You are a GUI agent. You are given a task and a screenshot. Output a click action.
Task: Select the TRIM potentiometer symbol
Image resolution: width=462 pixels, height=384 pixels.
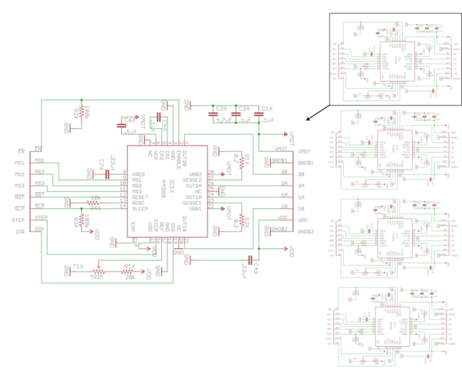tap(97, 271)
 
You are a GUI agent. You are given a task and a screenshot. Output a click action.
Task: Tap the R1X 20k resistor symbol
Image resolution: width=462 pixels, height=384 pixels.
tap(129, 271)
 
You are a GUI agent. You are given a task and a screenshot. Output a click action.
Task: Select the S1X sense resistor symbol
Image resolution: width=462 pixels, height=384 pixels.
tap(241, 163)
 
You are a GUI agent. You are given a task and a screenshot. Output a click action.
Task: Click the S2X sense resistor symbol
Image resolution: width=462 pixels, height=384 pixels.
tap(241, 222)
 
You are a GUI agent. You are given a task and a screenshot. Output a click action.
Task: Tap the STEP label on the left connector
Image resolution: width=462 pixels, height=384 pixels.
tap(19, 221)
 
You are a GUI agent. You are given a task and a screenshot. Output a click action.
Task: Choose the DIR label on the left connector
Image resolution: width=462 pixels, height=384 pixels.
tap(18, 232)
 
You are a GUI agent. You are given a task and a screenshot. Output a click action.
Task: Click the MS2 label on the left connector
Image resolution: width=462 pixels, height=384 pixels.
tap(19, 174)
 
